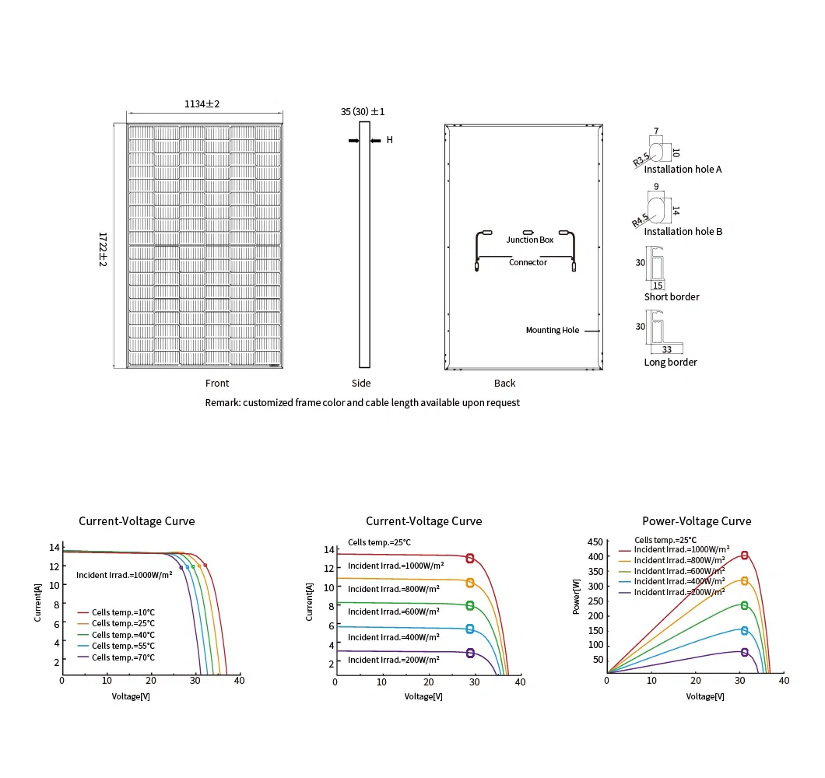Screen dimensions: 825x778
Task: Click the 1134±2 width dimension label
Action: click(202, 104)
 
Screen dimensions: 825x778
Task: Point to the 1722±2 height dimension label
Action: click(103, 249)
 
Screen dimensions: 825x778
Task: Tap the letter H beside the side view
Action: click(389, 140)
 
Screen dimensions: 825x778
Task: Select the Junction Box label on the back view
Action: click(530, 240)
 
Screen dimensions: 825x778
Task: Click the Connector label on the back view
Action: click(528, 262)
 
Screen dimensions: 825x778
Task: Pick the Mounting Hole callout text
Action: click(553, 331)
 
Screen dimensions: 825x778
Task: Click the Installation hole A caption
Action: click(683, 170)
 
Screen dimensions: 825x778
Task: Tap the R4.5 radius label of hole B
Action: click(640, 220)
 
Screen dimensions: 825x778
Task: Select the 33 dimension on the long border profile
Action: click(667, 349)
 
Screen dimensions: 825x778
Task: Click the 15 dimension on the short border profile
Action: click(658, 286)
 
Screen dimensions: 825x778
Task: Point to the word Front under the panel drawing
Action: click(217, 384)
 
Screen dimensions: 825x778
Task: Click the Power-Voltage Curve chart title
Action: click(697, 521)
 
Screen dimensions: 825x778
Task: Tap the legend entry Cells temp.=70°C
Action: click(123, 657)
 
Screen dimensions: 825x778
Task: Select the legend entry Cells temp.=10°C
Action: click(123, 612)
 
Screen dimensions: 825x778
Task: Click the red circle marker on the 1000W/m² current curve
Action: click(470, 558)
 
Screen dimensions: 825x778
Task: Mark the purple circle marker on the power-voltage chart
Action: click(745, 652)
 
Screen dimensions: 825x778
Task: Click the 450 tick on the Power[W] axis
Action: click(595, 541)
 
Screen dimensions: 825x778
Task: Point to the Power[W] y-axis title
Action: click(576, 597)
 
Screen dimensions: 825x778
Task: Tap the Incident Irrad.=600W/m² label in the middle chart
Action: click(394, 612)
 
